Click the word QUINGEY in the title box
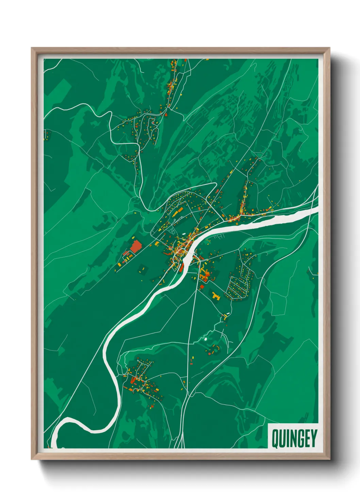tap(294, 438)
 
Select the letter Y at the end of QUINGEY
tap(313, 438)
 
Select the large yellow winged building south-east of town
tap(216, 296)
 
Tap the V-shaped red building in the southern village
tap(134, 380)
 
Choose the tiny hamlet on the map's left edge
tap(47, 135)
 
